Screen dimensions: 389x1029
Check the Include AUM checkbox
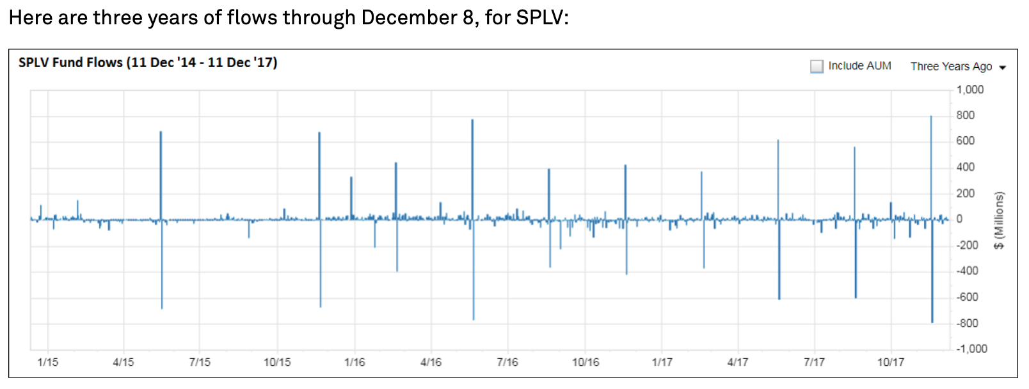tap(817, 66)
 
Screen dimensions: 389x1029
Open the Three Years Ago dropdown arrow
tap(1003, 67)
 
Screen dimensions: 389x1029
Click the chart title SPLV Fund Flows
tap(70, 63)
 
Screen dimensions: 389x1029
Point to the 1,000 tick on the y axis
tap(969, 90)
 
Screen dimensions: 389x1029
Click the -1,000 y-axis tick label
tap(971, 349)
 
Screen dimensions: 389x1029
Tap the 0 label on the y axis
tap(959, 219)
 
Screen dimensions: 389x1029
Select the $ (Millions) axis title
tap(999, 220)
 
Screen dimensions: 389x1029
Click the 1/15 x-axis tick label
tap(47, 362)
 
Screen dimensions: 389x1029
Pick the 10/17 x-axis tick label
tap(890, 362)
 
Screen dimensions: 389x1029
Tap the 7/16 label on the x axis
tap(507, 362)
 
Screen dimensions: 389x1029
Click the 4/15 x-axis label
tap(124, 362)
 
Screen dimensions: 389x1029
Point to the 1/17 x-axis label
tap(662, 362)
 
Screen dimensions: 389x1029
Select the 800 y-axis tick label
tap(966, 115)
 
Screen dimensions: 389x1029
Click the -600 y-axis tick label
tap(968, 297)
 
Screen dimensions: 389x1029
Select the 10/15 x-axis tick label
tap(277, 362)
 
